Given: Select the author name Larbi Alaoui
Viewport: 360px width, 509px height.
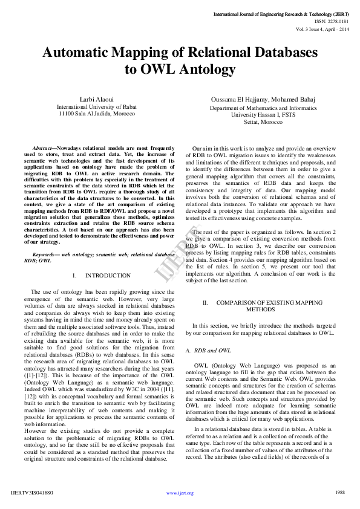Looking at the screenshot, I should tap(97, 99).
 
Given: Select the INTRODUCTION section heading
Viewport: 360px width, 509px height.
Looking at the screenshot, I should tap(108, 275).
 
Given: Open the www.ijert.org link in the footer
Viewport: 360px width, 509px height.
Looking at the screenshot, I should tap(180, 493).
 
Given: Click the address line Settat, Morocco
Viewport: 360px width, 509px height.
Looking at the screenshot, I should tap(263, 122).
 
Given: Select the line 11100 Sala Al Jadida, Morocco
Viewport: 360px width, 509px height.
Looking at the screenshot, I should tap(96, 114).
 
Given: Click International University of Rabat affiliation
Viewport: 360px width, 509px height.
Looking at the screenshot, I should tap(97, 106).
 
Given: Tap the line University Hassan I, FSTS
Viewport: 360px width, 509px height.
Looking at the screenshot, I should tap(263, 114).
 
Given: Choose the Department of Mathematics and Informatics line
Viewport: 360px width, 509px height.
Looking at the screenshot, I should tap(263, 108).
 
